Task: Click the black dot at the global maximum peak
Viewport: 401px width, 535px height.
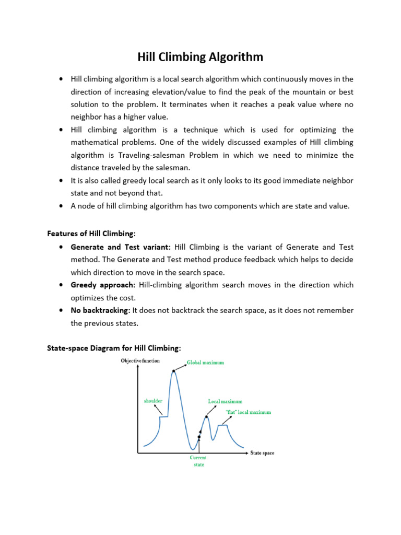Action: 173,370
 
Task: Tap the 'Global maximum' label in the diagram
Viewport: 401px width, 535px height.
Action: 205,363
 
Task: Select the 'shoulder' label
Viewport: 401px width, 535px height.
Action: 153,401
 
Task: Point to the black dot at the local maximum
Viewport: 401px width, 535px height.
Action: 207,416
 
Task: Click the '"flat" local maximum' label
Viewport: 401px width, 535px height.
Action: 248,412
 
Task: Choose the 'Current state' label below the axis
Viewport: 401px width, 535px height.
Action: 198,461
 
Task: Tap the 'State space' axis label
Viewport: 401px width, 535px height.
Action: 262,453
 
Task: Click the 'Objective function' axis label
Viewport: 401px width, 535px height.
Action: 140,360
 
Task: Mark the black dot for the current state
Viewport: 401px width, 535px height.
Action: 199,437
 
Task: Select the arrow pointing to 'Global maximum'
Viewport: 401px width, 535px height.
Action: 180,366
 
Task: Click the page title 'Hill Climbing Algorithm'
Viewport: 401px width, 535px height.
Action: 200,56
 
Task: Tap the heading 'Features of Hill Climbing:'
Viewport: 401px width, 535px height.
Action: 91,234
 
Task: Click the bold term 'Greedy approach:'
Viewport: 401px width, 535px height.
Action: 102,285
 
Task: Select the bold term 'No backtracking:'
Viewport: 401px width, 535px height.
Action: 100,310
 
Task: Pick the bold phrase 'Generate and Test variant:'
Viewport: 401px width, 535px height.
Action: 121,247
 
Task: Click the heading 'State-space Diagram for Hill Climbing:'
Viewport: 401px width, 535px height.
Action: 114,347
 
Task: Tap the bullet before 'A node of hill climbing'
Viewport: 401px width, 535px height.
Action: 61,206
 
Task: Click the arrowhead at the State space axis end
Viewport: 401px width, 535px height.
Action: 246,453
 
